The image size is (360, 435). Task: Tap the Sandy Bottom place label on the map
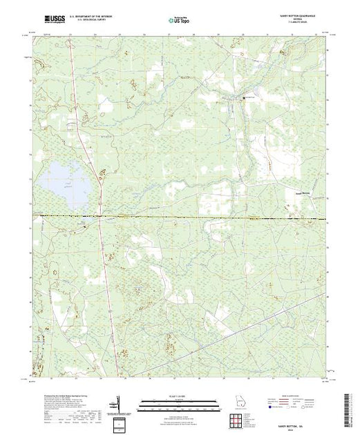[x=296, y=193]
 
